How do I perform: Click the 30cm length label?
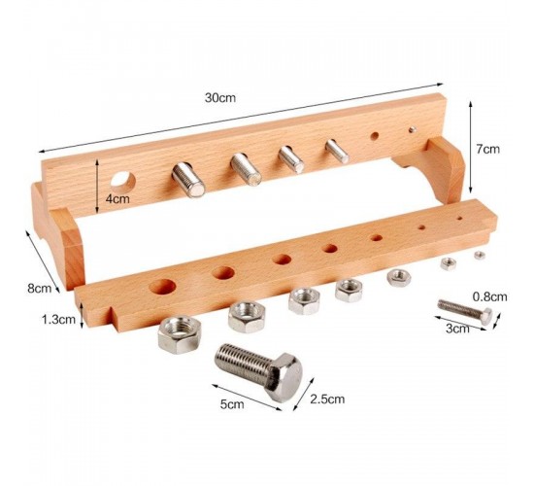pos(220,98)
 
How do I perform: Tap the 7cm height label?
pos(487,149)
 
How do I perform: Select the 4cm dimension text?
pos(117,198)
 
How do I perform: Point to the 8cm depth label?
pos(40,288)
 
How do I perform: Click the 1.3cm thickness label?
pos(58,320)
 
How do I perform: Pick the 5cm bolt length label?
pos(232,404)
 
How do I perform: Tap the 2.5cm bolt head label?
pos(327,399)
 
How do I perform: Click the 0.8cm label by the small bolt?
pos(489,296)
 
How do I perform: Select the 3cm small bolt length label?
pos(457,329)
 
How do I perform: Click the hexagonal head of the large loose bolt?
pos(284,377)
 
